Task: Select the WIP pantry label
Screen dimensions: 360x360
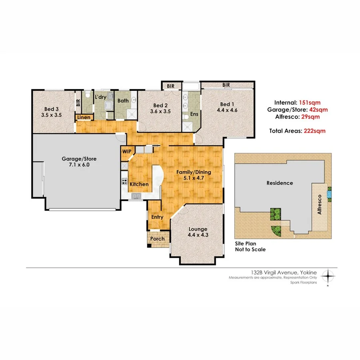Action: pos(127,152)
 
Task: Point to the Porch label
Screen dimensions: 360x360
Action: pos(157,239)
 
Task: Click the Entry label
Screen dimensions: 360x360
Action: pos(157,217)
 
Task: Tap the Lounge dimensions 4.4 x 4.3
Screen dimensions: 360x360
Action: pos(198,235)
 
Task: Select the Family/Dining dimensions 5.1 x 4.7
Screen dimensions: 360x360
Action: pos(194,178)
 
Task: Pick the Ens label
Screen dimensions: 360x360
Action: pos(194,114)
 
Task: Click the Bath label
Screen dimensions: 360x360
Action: pos(123,100)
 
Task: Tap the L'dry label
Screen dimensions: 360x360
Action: pos(100,97)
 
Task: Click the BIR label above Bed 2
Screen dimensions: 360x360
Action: pos(171,86)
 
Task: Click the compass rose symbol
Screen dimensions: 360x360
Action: pos(328,276)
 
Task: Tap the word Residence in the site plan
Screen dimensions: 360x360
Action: pos(280,183)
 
